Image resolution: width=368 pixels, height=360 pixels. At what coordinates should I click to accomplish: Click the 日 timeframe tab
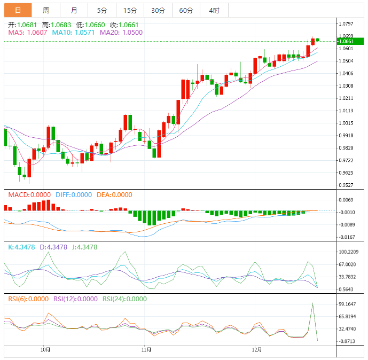(18, 10)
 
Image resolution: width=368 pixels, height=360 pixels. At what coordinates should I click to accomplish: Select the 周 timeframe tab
(46, 10)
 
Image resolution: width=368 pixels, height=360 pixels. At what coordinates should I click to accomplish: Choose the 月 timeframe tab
(74, 10)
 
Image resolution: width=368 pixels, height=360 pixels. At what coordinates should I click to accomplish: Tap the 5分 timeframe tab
(101, 10)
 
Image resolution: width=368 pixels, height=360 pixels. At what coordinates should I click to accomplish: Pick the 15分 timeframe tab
(130, 10)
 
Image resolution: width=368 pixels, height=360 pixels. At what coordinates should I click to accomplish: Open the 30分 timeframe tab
(158, 10)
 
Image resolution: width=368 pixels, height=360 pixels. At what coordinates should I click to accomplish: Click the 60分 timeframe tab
(186, 10)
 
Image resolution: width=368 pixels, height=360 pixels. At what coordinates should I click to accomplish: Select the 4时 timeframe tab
(214, 10)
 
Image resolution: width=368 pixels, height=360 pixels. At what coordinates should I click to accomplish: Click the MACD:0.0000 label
(30, 195)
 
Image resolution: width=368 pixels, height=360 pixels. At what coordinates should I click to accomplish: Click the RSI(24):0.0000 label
(124, 299)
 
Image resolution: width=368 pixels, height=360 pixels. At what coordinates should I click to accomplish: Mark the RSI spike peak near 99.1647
(312, 303)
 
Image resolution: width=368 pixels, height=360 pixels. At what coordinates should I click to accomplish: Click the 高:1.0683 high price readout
(57, 25)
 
